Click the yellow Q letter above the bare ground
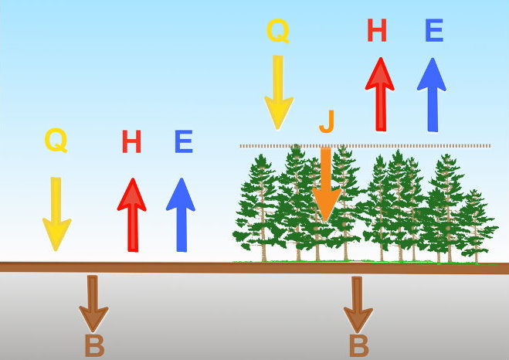[x=56, y=141]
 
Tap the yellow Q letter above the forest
[x=278, y=30]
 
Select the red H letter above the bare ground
[x=131, y=141]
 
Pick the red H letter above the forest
[x=377, y=30]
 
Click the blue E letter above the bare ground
[x=184, y=141]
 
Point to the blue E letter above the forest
[x=434, y=30]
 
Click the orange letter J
[x=327, y=121]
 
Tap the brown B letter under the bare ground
[x=94, y=346]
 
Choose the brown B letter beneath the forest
[x=359, y=346]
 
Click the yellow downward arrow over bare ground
[x=56, y=214]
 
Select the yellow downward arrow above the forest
[x=279, y=93]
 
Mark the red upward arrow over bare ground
[x=132, y=215]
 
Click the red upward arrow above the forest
[x=380, y=94]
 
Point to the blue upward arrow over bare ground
[x=181, y=215]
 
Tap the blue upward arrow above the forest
[x=432, y=95]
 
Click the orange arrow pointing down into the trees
[x=326, y=185]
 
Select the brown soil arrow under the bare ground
[x=93, y=304]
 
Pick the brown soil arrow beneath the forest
[x=358, y=305]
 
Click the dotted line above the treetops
[x=365, y=146]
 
